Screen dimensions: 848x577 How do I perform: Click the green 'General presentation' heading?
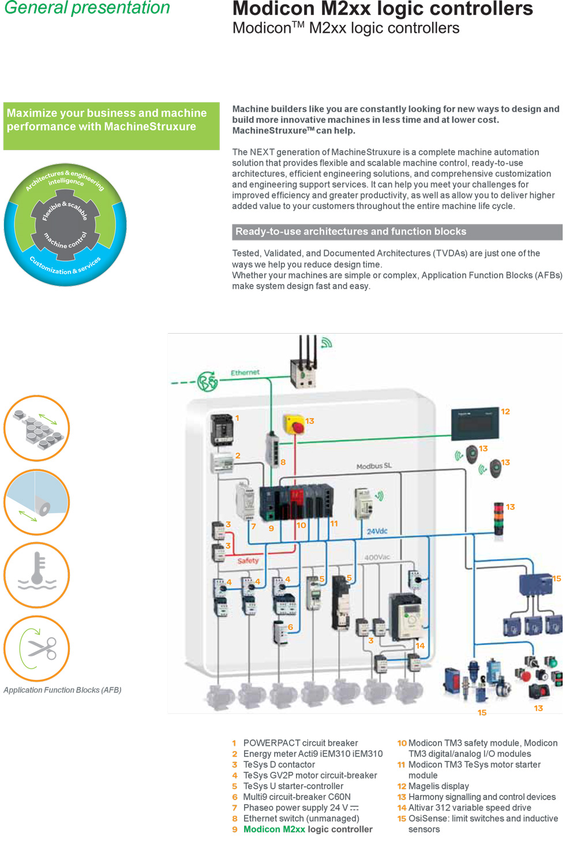point(87,8)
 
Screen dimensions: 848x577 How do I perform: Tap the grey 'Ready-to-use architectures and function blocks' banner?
point(397,231)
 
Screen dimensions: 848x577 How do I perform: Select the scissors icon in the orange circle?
point(37,648)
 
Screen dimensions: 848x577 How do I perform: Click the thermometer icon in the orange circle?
point(37,574)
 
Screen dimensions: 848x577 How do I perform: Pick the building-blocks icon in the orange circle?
point(37,428)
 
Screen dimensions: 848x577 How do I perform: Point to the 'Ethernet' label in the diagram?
point(245,372)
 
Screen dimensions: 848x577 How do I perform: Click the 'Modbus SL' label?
point(374,466)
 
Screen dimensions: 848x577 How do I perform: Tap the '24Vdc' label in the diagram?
point(377,531)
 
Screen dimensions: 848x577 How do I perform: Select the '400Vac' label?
point(377,557)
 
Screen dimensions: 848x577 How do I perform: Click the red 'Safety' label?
point(248,561)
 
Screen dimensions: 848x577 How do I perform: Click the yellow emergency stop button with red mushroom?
point(295,424)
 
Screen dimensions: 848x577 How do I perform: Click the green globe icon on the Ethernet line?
point(207,382)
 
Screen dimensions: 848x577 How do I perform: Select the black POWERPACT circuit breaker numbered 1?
point(222,429)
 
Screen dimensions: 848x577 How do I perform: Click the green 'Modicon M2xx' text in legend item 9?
point(274,829)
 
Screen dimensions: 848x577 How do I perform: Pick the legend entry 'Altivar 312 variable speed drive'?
point(470,808)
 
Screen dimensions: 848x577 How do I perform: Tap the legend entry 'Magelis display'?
point(439,786)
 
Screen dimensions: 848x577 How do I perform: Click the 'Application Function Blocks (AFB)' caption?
point(62,690)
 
